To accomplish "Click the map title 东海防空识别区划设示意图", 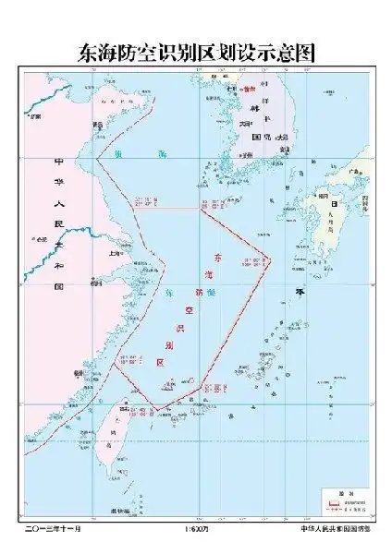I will pos(196,53).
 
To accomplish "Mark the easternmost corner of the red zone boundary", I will pos(270,258).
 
